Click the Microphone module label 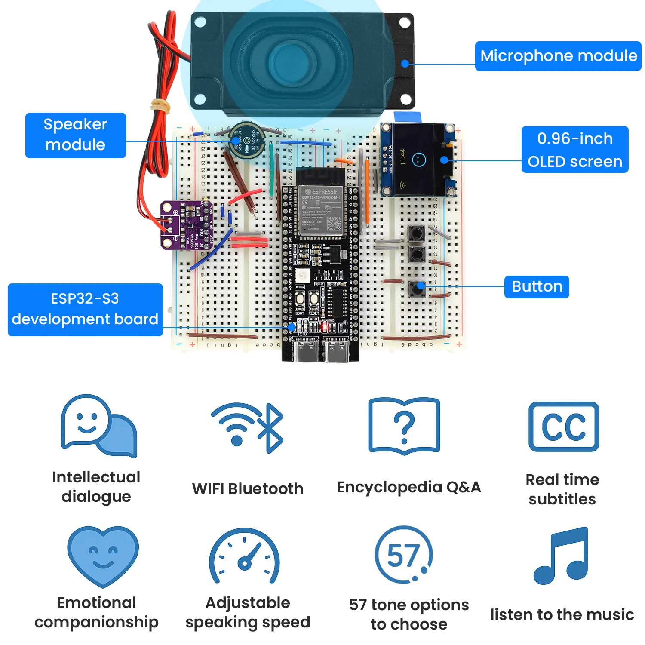point(558,56)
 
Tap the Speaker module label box point(75,135)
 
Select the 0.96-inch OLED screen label point(574,150)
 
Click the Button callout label point(536,286)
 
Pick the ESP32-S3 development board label point(85,309)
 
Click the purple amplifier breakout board point(187,225)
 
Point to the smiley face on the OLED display point(418,160)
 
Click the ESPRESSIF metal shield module point(322,211)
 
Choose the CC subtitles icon point(563,427)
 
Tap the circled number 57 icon point(403,555)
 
